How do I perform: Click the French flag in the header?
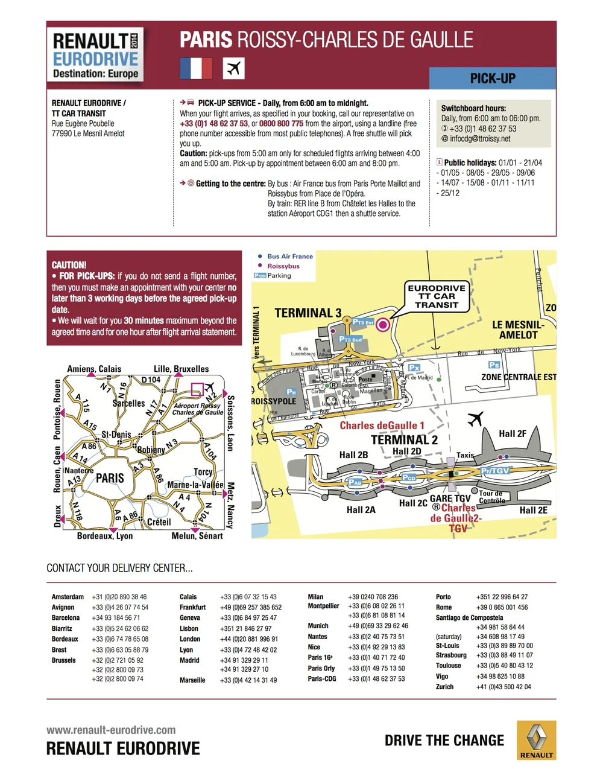click(196, 68)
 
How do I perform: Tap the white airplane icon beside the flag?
click(233, 68)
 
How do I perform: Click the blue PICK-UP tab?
click(492, 78)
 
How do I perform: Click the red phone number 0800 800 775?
click(282, 124)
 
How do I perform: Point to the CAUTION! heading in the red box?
click(69, 265)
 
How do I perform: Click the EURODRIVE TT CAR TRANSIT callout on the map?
click(437, 296)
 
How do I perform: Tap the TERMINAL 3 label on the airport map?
click(308, 313)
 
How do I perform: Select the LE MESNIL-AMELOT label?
click(518, 330)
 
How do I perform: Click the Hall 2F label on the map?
click(513, 433)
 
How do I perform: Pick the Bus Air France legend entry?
click(290, 257)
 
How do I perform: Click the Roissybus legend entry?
click(283, 266)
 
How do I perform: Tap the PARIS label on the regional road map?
click(110, 478)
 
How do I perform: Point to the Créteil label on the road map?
click(159, 522)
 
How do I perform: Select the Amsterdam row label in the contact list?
click(68, 597)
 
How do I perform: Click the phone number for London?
click(248, 639)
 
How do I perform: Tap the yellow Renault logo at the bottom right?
click(536, 739)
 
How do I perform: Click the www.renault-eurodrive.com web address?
click(111, 730)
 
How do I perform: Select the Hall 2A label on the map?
click(361, 510)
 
